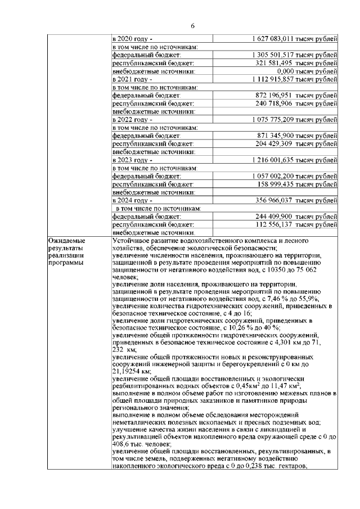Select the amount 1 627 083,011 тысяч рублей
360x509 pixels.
(x=295, y=39)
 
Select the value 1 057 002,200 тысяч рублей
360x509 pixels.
(x=295, y=176)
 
